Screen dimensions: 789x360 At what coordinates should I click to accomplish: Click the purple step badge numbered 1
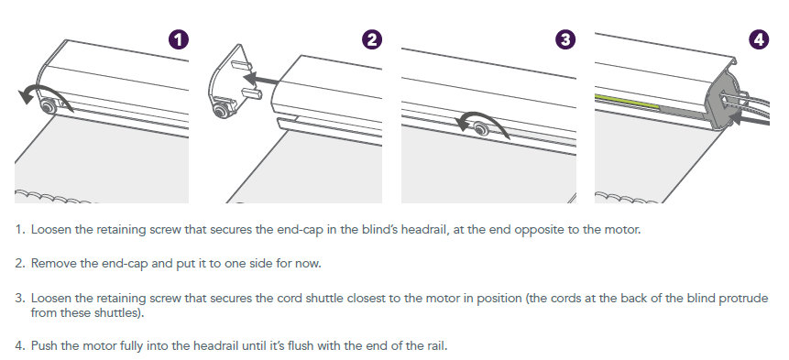click(x=179, y=39)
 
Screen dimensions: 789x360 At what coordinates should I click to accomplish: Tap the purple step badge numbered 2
click(x=372, y=39)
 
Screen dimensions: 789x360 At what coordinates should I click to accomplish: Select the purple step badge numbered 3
click(x=565, y=39)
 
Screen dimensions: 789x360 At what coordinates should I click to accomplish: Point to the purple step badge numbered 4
click(x=759, y=39)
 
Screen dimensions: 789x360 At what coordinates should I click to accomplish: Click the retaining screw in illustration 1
click(x=49, y=106)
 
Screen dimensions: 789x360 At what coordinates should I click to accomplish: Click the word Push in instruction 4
click(x=43, y=346)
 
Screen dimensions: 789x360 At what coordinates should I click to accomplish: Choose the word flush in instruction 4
click(x=336, y=346)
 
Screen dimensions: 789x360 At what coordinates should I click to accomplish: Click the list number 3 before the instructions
click(x=19, y=298)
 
